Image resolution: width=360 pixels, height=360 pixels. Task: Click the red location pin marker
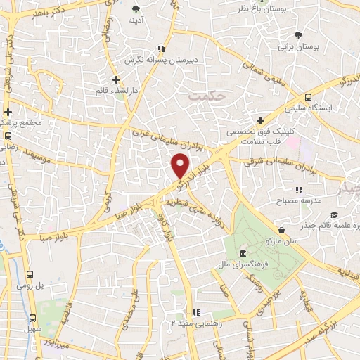click(x=181, y=166)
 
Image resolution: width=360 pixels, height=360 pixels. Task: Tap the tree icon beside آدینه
click(x=136, y=9)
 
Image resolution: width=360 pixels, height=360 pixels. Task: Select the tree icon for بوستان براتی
click(x=300, y=34)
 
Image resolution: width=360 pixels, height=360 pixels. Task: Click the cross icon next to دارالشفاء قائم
click(x=116, y=79)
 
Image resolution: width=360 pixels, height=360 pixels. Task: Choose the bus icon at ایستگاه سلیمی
click(x=309, y=99)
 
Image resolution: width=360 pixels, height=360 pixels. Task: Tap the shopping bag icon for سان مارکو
click(x=282, y=229)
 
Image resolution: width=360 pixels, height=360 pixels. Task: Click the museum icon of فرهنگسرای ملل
click(x=243, y=253)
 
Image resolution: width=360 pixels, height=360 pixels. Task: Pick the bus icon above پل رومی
click(x=30, y=275)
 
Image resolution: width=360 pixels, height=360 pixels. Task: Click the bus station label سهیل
click(x=29, y=329)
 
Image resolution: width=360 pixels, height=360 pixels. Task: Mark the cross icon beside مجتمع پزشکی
click(x=8, y=112)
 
